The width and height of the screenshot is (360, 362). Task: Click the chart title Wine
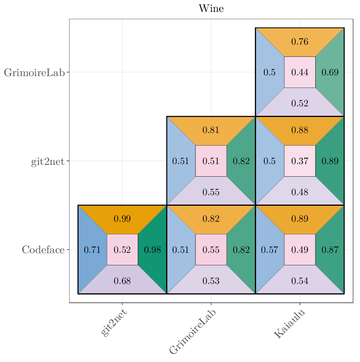click(x=211, y=9)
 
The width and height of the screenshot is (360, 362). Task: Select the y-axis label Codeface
click(x=43, y=250)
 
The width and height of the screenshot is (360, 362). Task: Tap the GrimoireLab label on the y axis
click(x=34, y=73)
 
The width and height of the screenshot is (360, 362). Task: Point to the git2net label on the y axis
click(x=47, y=162)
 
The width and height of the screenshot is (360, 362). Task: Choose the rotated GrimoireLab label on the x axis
click(x=193, y=331)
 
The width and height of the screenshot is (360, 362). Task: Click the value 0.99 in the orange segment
click(x=122, y=219)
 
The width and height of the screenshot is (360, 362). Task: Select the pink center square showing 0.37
click(x=300, y=161)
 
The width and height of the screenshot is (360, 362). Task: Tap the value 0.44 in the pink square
click(x=300, y=72)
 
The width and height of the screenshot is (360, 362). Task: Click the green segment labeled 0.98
click(x=153, y=250)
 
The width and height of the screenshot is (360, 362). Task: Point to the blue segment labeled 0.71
click(x=92, y=250)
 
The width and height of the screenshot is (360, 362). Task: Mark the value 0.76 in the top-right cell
click(x=300, y=42)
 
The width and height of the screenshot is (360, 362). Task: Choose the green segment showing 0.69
click(x=330, y=72)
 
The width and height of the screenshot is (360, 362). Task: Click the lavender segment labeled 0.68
click(x=122, y=281)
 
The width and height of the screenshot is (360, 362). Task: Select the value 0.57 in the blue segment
click(x=270, y=250)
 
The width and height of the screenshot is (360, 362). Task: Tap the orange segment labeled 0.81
click(x=211, y=130)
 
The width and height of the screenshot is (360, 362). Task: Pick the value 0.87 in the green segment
click(x=330, y=250)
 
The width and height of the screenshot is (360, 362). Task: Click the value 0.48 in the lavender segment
click(x=300, y=192)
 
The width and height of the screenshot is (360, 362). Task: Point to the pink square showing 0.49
click(x=300, y=250)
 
